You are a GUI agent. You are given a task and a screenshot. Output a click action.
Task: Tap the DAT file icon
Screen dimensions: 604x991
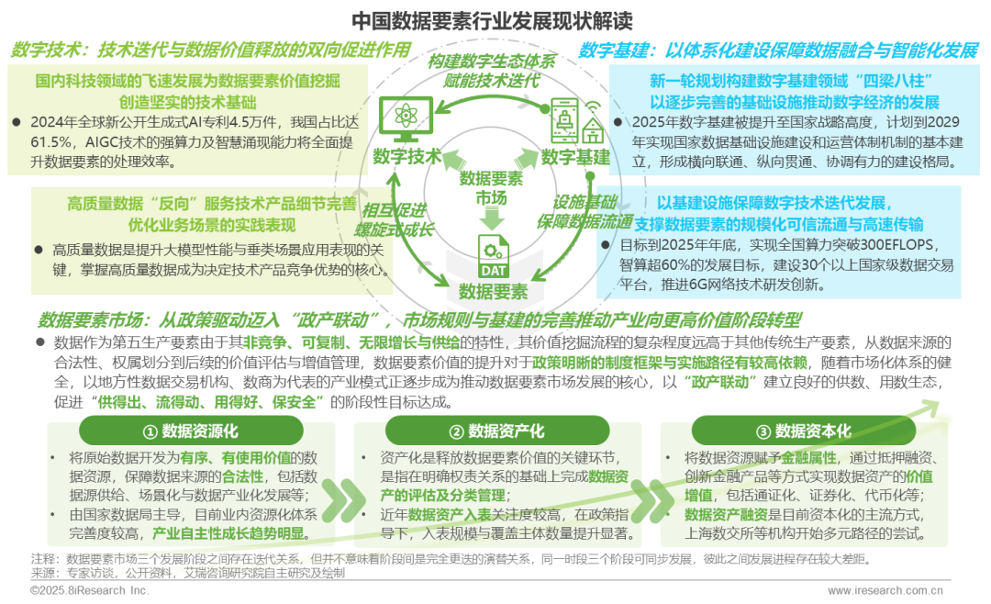493,256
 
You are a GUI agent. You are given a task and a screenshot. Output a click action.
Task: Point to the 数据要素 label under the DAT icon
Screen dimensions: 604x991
494,292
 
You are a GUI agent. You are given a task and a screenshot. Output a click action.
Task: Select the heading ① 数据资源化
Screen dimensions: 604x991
190,431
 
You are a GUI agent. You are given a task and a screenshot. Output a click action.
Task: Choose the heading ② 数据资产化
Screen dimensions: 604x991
496,431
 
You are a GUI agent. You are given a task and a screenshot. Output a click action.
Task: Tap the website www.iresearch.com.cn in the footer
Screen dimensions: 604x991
885,591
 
